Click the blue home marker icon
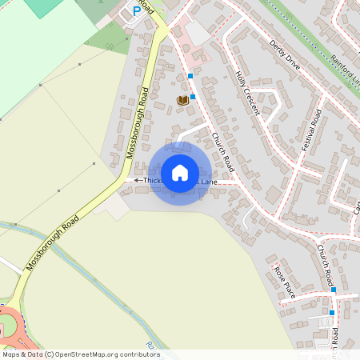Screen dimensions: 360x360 click(x=180, y=173)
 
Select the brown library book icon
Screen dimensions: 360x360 click(x=182, y=100)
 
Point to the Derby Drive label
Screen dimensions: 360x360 click(x=284, y=54)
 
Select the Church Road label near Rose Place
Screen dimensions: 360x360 click(x=324, y=266)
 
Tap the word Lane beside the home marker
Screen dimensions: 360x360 click(x=208, y=182)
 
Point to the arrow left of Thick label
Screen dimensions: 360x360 click(x=137, y=181)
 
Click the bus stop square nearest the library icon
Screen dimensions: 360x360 click(x=192, y=96)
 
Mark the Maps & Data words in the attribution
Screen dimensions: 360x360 click(x=22, y=354)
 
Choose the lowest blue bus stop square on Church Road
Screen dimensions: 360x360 click(x=331, y=312)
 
